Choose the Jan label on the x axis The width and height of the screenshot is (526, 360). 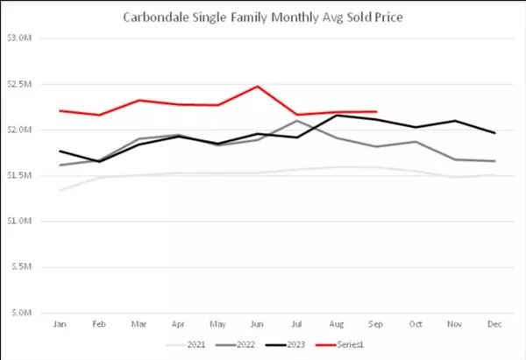(x=60, y=324)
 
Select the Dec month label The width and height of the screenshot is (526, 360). (x=494, y=324)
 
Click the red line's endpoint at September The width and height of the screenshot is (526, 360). (x=375, y=112)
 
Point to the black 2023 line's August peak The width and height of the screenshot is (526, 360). (x=336, y=116)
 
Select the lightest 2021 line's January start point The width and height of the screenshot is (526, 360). (x=60, y=190)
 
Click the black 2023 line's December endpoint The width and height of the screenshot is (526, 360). (x=494, y=133)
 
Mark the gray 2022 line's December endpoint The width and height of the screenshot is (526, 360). (x=494, y=161)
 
